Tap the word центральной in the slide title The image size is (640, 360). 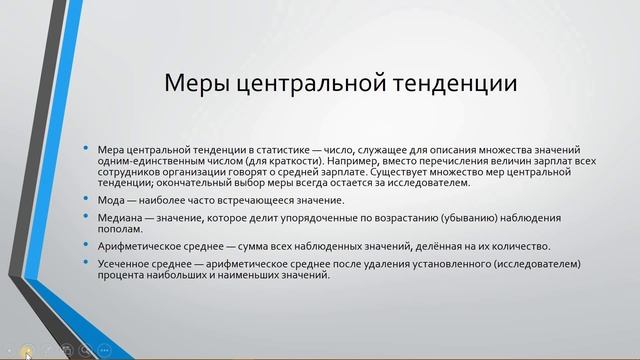pos(305,83)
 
